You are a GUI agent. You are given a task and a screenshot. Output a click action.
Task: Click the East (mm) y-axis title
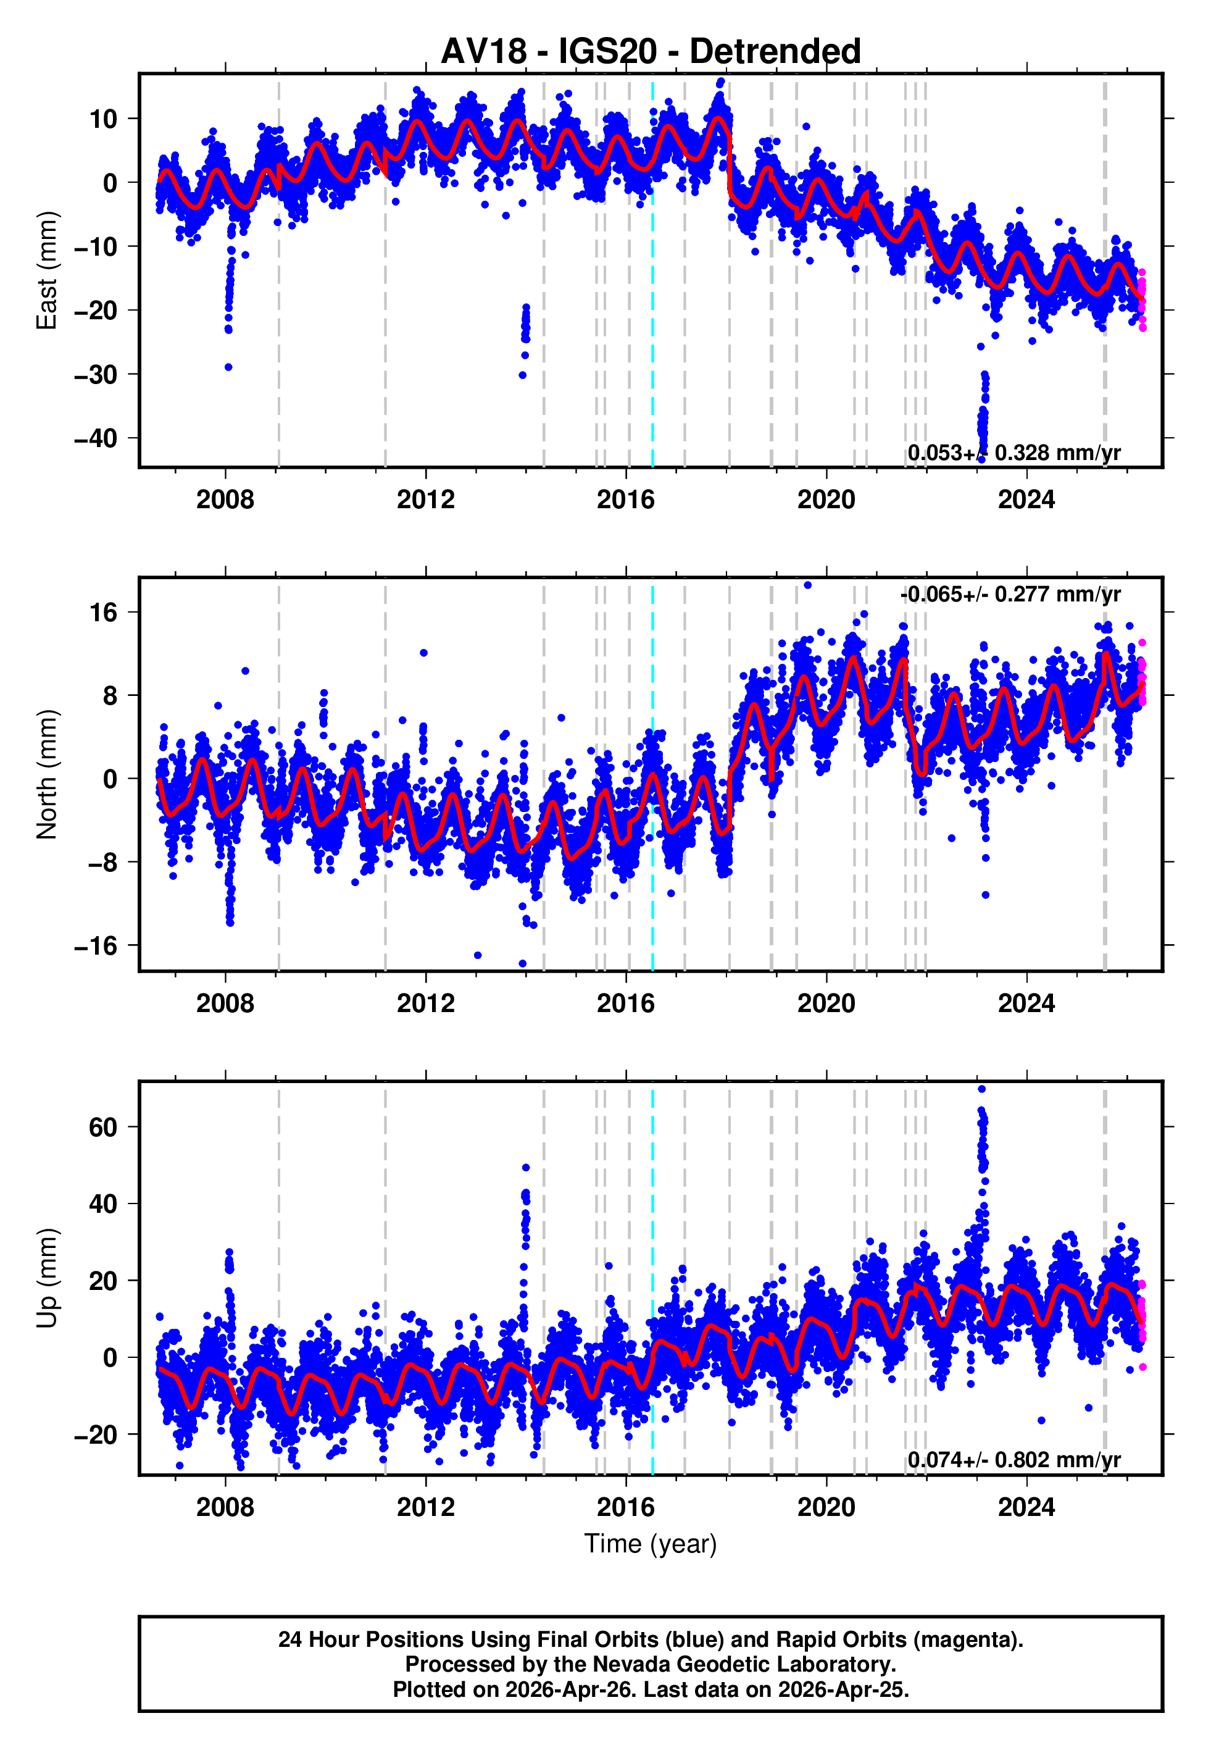(x=47, y=270)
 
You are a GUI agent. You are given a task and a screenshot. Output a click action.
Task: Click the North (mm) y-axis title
(x=47, y=774)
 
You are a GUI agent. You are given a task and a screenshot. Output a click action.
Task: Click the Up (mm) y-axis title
(x=47, y=1278)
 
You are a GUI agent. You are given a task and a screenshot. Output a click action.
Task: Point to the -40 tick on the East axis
(x=96, y=438)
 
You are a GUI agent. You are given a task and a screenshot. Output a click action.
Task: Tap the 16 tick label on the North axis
(x=104, y=613)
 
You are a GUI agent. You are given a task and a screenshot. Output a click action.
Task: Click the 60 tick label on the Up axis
(x=103, y=1127)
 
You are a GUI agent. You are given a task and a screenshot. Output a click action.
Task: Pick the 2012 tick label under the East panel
(x=426, y=500)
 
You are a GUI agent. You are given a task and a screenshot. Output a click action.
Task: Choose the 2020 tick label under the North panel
(x=826, y=1003)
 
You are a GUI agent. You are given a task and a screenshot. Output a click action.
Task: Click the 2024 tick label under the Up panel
(x=1026, y=1507)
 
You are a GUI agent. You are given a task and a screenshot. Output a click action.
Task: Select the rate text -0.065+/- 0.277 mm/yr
(x=1010, y=594)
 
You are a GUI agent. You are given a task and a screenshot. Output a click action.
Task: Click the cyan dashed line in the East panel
(x=652, y=304)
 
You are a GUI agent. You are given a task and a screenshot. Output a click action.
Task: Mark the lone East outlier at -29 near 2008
(x=228, y=367)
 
